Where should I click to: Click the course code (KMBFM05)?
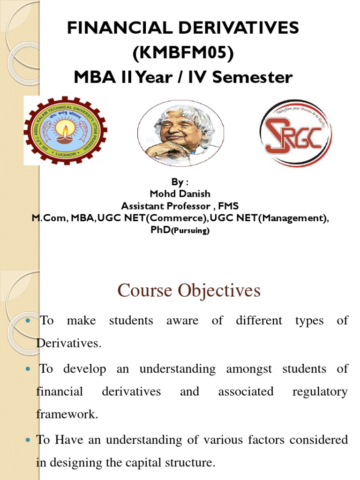(183, 53)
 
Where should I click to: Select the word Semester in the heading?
(252, 77)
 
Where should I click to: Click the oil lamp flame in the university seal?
(65, 128)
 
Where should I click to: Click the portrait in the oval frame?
(180, 134)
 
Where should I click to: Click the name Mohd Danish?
(180, 194)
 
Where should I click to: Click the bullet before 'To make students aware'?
(27, 321)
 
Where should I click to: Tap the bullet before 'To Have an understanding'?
(27, 440)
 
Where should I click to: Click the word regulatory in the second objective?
(320, 391)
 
